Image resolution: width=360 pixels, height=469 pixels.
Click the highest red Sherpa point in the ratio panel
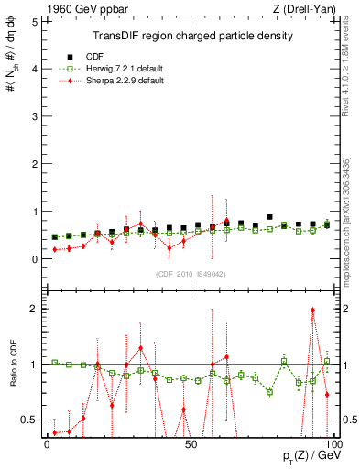click(x=313, y=310)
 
